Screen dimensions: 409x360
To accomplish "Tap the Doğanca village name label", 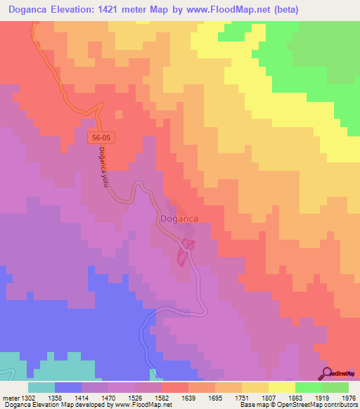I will [179, 219].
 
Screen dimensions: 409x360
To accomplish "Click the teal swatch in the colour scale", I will [41, 387].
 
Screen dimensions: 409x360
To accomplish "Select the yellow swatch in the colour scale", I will [281, 387].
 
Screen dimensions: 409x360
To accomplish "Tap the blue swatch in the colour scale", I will [68, 387].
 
